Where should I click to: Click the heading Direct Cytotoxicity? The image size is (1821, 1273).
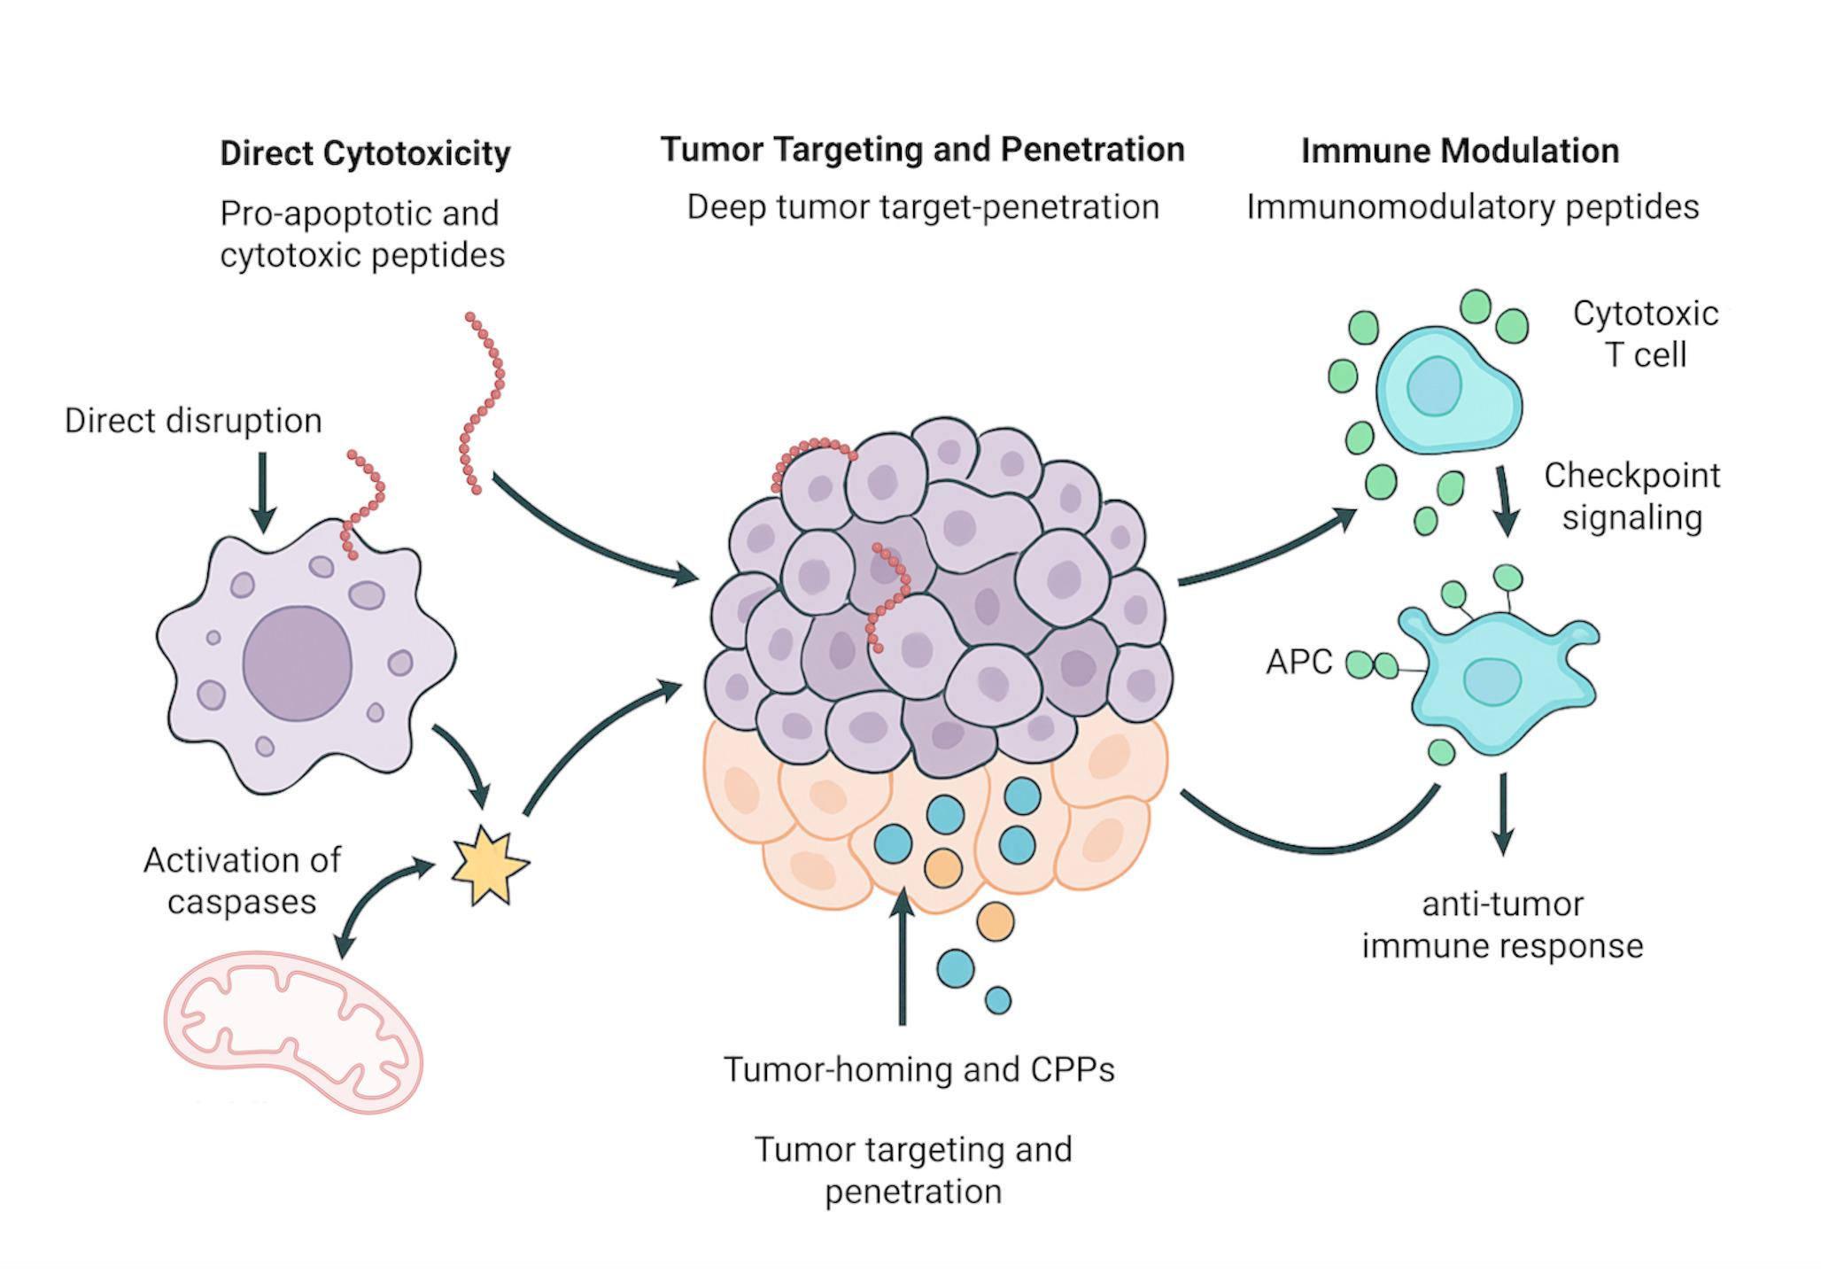coord(365,153)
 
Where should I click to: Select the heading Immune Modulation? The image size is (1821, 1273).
coord(1459,151)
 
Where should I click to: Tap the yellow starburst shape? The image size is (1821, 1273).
coord(489,865)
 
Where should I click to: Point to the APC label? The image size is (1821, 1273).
coord(1298,662)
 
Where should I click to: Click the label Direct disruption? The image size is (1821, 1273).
coord(193,421)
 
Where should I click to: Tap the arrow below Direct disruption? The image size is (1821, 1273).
coord(262,492)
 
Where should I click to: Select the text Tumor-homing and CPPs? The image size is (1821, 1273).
coord(918,1069)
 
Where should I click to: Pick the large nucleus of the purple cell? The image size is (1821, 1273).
coord(298,663)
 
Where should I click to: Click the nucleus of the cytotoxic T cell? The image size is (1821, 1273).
coord(1433,386)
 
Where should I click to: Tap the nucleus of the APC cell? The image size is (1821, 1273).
coord(1492,682)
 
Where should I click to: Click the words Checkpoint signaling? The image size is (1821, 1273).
coord(1631,496)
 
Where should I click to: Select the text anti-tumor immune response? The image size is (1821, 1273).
coord(1502,925)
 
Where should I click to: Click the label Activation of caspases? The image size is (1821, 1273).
coord(242,881)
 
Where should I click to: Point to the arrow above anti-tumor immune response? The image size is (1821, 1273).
coord(1503,812)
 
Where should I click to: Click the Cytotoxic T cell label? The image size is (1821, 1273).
coord(1645,334)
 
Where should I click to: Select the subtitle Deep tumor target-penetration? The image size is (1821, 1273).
coord(923,207)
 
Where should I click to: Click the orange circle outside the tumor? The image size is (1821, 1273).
coord(995,922)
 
